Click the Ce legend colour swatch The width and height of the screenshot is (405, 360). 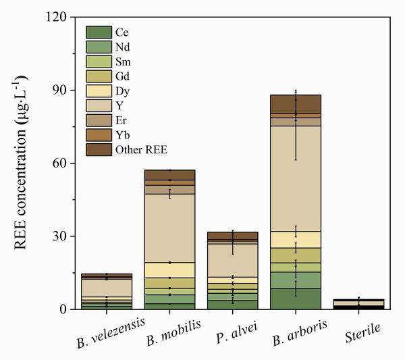coord(98,32)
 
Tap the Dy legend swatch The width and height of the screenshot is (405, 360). coord(98,91)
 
